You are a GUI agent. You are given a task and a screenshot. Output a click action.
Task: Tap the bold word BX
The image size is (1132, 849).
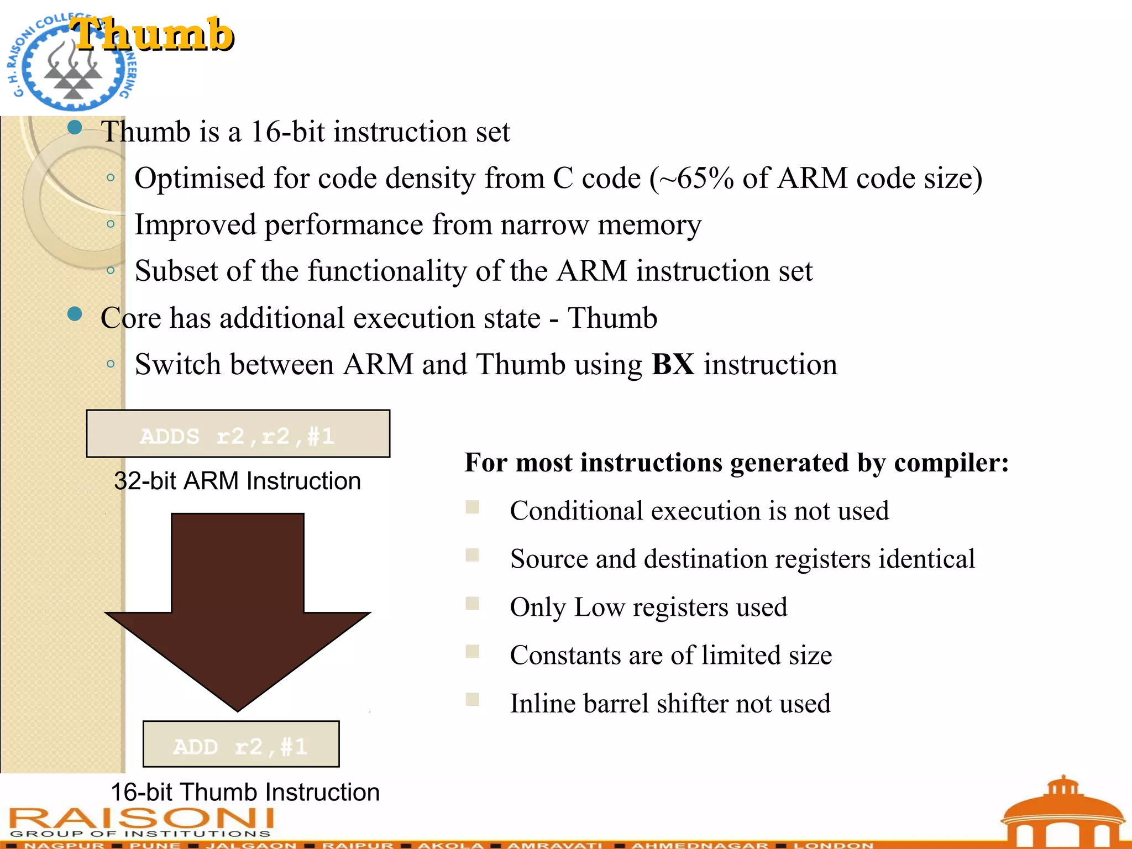coord(673,365)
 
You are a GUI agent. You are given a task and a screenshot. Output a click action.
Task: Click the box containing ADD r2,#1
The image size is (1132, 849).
coord(241,745)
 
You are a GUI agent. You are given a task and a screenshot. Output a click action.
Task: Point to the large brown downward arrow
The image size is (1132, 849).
coord(238,608)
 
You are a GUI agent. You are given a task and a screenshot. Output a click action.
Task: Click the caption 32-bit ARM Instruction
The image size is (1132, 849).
coord(237,481)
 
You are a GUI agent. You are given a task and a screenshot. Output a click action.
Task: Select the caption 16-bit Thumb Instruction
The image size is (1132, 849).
coord(245,792)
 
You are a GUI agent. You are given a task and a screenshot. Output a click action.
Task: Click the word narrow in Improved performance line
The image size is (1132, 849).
coord(544,226)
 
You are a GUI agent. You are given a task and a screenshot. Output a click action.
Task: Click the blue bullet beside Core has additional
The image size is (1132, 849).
coord(75,315)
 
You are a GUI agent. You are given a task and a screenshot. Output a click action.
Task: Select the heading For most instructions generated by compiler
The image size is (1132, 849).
coord(736,463)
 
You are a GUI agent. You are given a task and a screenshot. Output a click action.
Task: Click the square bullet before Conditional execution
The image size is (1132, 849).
coord(473,507)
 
